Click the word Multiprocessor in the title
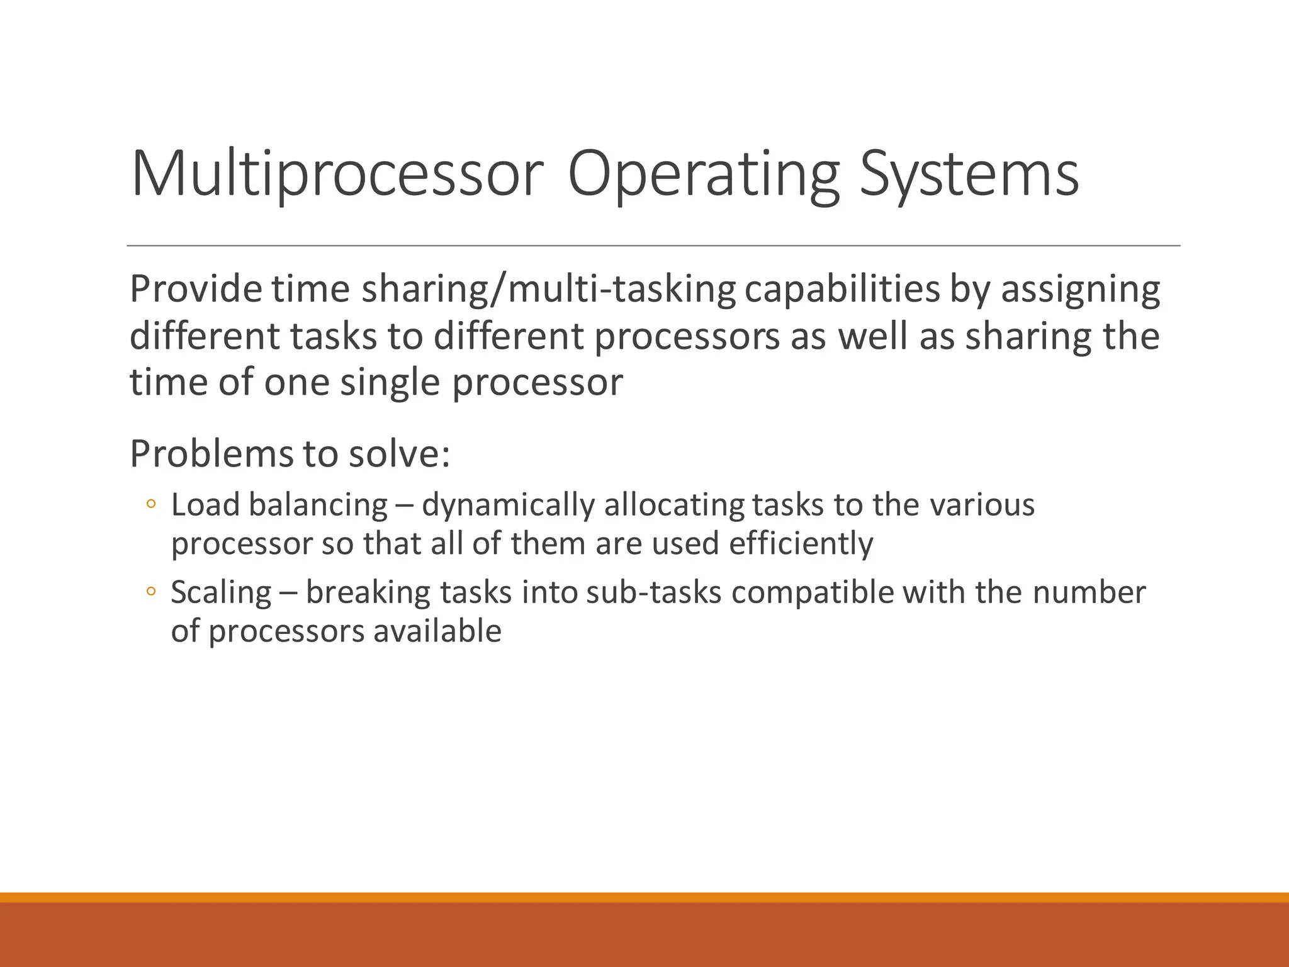point(337,174)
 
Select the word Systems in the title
point(969,174)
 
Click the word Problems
point(211,453)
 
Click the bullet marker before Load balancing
point(150,504)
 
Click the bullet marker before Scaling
point(150,591)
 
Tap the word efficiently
point(801,543)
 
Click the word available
point(437,631)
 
